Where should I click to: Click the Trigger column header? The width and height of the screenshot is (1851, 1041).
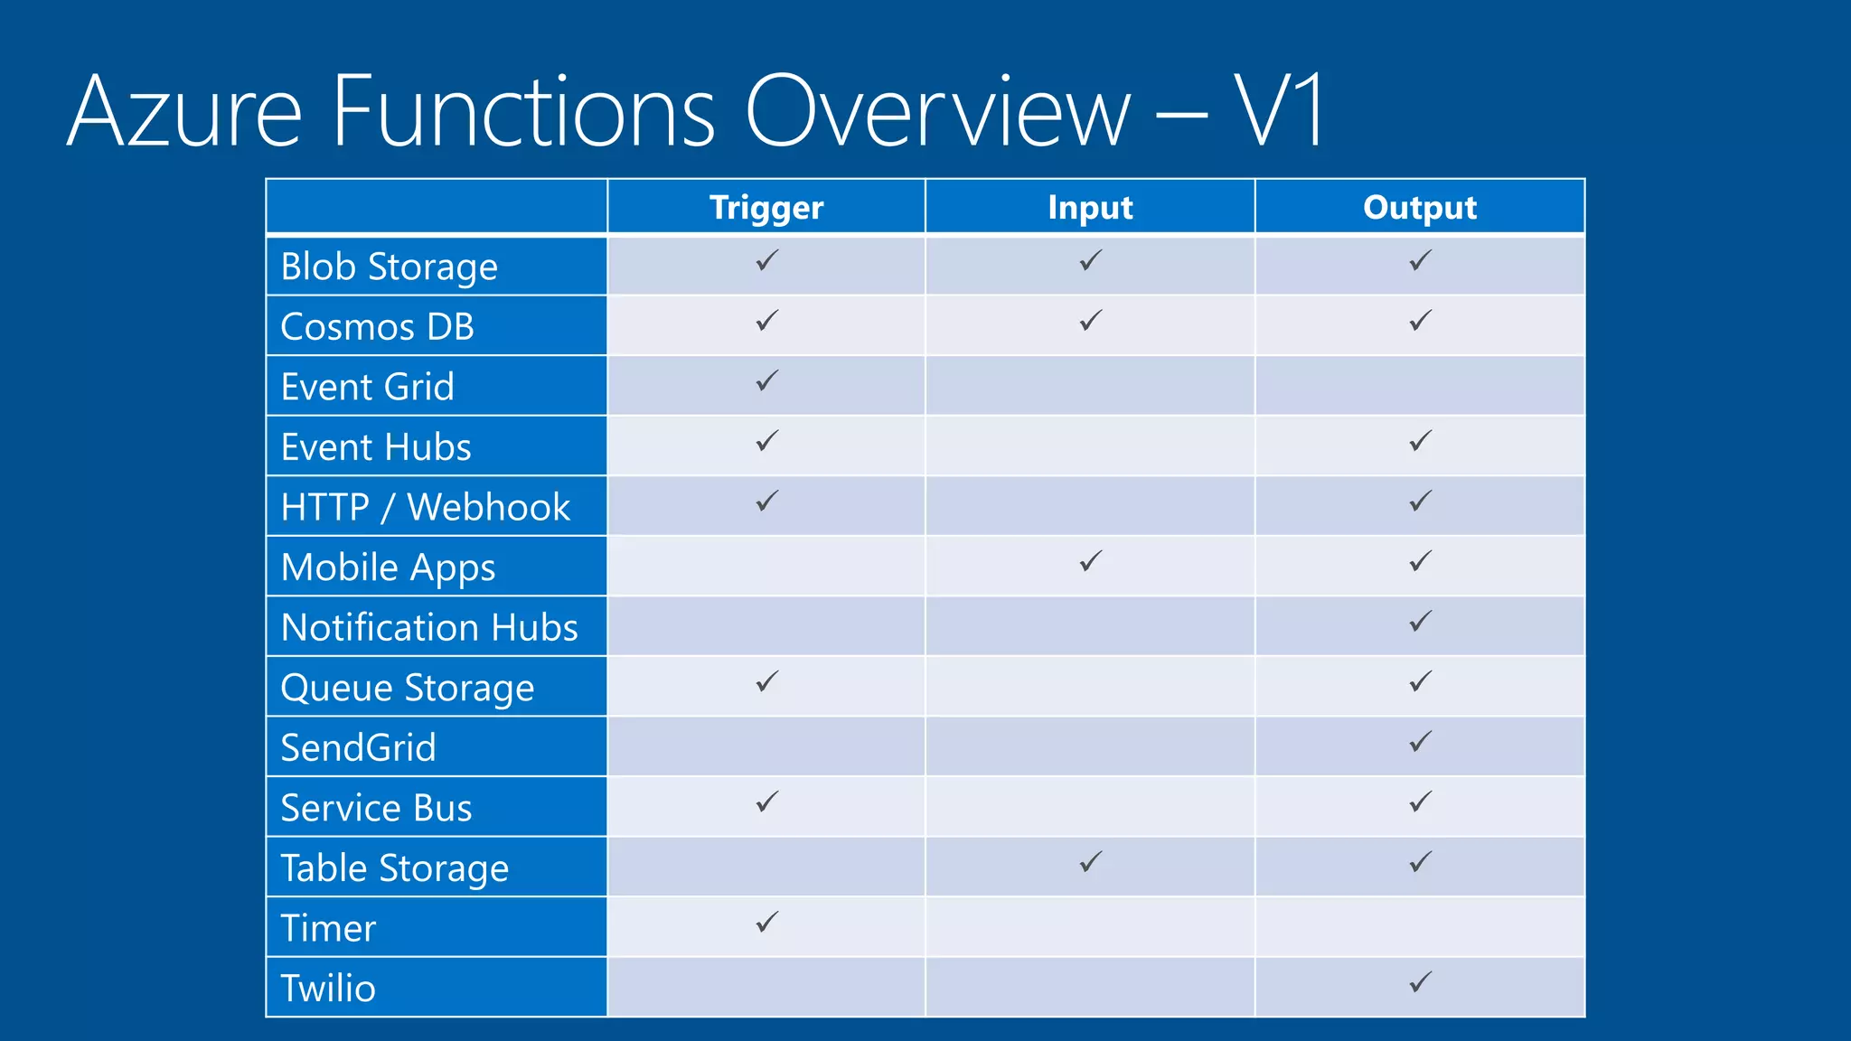coord(766,208)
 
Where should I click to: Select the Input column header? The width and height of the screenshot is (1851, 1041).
coord(1090,208)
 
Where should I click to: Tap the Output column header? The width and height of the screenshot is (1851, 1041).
coord(1419,208)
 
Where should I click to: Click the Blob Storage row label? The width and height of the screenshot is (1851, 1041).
coord(390,267)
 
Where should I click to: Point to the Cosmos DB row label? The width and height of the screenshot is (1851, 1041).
coord(378,327)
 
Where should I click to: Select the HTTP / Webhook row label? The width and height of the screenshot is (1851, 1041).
coord(426,508)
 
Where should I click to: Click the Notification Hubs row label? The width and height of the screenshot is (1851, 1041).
coord(429,628)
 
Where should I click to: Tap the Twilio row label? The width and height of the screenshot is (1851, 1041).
coord(328,989)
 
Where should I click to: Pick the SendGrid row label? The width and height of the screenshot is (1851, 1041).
coord(359,748)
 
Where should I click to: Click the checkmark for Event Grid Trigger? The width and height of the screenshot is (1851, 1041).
coord(766,381)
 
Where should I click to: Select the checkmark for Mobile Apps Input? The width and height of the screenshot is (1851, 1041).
coord(1090,561)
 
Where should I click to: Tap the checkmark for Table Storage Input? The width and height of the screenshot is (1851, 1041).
coord(1090,862)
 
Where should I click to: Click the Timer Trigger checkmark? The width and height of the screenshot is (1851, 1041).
coord(766,923)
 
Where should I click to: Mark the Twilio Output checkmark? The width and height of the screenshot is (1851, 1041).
coord(1420,982)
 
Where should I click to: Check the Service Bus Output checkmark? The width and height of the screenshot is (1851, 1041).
coord(1420,802)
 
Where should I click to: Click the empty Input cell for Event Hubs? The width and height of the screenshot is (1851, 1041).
coord(1090,446)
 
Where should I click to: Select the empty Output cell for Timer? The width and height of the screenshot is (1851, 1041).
coord(1419,927)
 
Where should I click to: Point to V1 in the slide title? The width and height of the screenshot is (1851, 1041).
coord(1278,111)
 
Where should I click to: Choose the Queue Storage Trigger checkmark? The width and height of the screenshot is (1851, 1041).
coord(766,682)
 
